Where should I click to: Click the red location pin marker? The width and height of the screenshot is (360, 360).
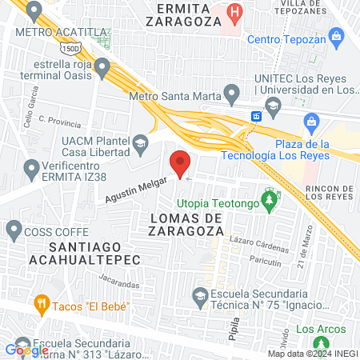coord(180,163)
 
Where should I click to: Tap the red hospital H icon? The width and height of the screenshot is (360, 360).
coord(234,12)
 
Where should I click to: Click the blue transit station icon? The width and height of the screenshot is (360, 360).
coord(256,116)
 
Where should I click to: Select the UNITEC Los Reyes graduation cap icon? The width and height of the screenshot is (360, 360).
coord(273,106)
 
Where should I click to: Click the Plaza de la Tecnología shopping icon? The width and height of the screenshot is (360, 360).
coord(312,122)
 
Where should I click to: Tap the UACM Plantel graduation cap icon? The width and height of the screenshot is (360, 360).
coord(141,145)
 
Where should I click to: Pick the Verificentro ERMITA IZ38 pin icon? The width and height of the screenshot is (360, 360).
coord(33,169)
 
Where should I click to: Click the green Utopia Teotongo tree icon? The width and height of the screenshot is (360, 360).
coord(270,196)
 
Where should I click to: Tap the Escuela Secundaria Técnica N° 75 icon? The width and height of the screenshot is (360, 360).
coord(199,299)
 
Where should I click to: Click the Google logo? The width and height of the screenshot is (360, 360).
coord(26,350)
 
